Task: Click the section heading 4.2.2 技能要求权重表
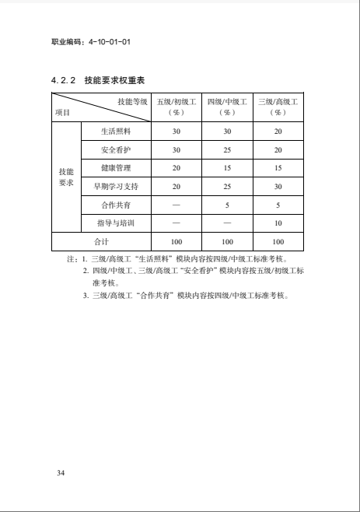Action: coord(99,80)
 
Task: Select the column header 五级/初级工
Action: coord(176,107)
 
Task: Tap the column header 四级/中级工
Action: coord(226,107)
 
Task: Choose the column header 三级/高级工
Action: coord(278,107)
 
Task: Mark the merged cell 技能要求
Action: coord(66,177)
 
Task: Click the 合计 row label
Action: coord(101,241)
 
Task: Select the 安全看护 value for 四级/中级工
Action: coord(226,149)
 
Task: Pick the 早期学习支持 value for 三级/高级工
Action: coord(278,186)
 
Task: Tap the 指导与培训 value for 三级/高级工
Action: coord(278,223)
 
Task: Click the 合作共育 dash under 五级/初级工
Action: coord(176,205)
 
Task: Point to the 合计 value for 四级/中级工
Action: coord(226,241)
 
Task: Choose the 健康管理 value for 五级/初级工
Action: coord(176,167)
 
